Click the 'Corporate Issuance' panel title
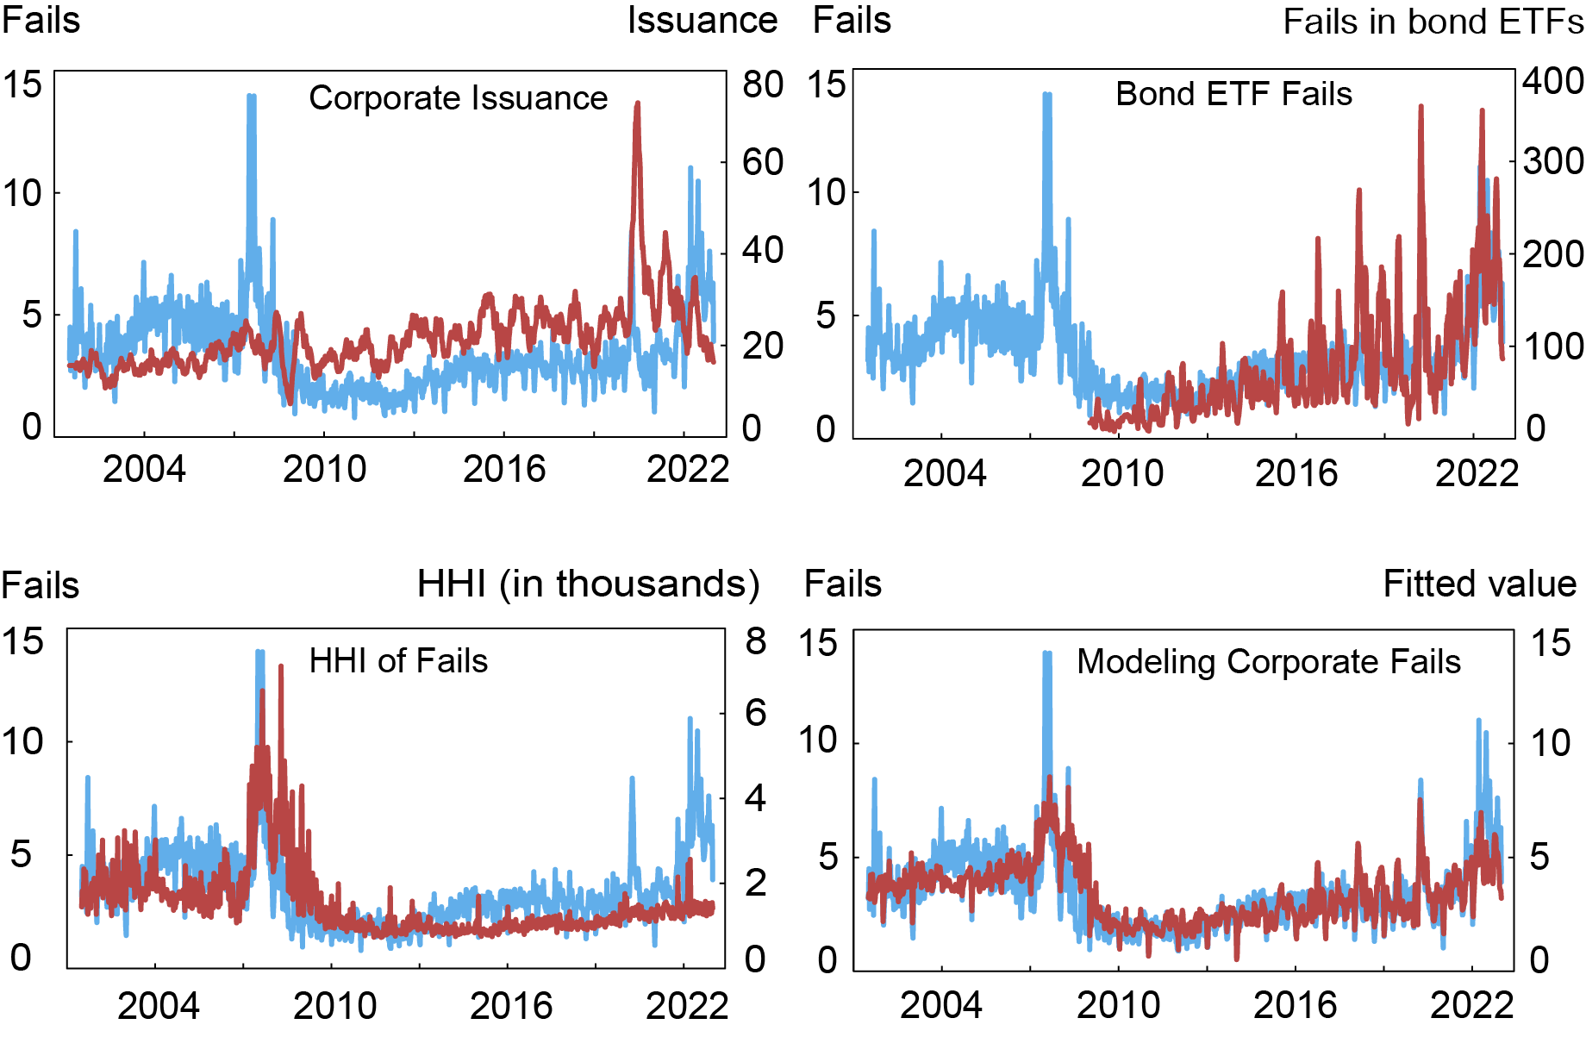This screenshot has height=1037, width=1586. click(x=458, y=98)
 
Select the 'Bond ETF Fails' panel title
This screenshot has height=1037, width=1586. click(x=1233, y=94)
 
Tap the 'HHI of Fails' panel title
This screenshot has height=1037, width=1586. click(x=398, y=661)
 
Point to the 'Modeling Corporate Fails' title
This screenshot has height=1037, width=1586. click(x=1269, y=662)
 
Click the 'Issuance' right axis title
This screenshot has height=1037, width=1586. click(x=702, y=21)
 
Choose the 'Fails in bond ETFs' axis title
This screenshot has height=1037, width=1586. click(x=1433, y=22)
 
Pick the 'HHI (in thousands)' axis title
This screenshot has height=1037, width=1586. click(x=588, y=584)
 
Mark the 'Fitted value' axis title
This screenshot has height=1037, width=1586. click(x=1479, y=584)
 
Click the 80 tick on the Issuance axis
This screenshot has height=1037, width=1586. click(x=762, y=84)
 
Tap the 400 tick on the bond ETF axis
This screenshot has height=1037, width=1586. click(x=1552, y=81)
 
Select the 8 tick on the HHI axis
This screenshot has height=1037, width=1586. click(x=755, y=641)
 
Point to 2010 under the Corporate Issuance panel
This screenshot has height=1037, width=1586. click(x=325, y=470)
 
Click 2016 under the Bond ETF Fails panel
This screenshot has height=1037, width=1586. click(x=1296, y=473)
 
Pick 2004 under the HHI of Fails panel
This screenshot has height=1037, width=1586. click(x=158, y=1006)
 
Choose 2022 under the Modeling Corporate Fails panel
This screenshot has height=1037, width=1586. click(x=1472, y=1006)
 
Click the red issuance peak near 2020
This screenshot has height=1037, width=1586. click(x=637, y=104)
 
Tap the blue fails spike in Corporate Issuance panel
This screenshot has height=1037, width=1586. click(x=251, y=97)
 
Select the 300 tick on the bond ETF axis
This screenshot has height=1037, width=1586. click(x=1552, y=161)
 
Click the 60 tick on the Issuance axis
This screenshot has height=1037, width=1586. click(x=762, y=162)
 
